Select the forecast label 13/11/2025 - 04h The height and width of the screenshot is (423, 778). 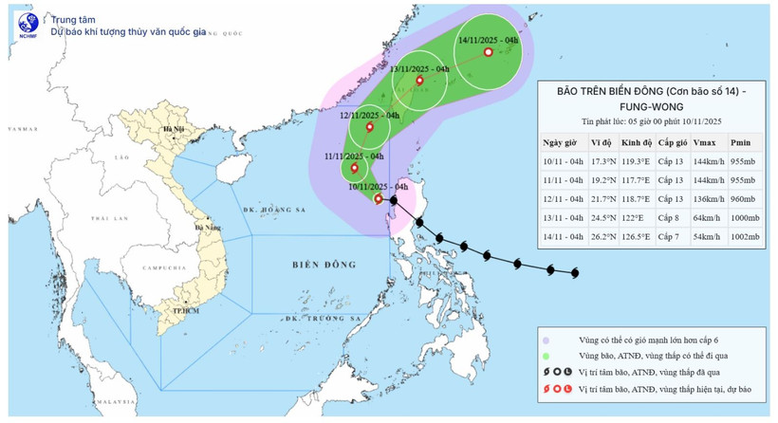[x=420, y=69]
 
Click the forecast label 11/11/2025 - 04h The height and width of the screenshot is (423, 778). [x=353, y=156]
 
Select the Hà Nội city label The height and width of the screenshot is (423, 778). [x=173, y=128]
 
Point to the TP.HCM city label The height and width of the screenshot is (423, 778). [x=173, y=310]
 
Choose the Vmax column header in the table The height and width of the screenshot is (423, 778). [x=705, y=142]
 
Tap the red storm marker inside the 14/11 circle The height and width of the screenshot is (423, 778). [x=488, y=53]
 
